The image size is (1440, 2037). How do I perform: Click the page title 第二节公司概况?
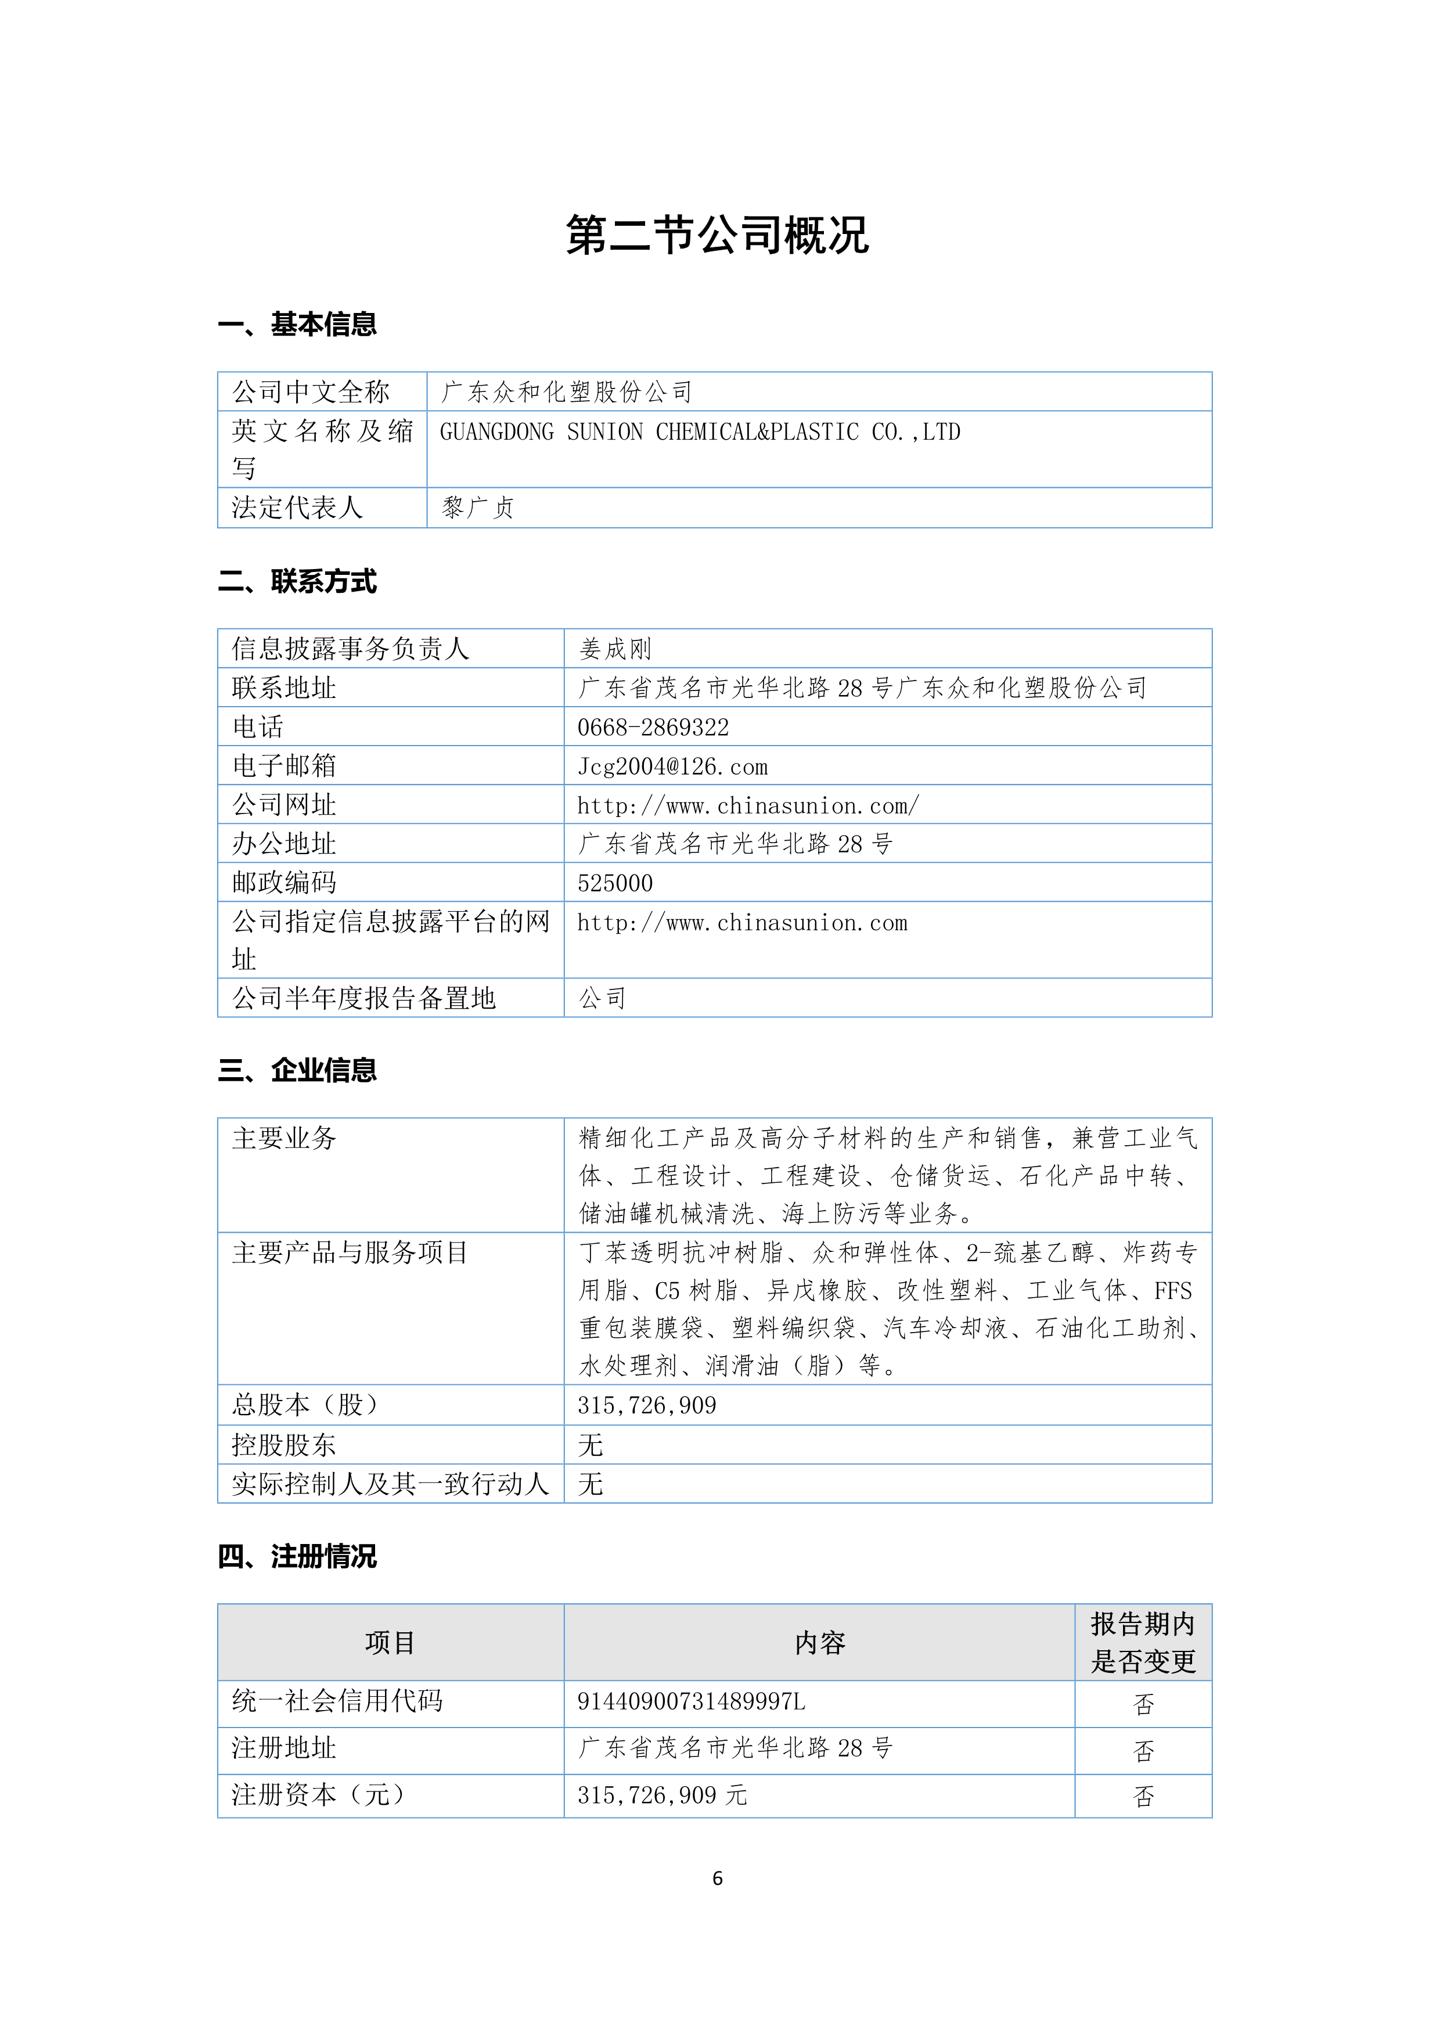(x=717, y=236)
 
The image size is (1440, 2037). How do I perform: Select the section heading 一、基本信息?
(x=297, y=325)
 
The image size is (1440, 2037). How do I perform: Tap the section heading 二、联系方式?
(x=297, y=582)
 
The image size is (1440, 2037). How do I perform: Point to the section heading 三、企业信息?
(x=297, y=1071)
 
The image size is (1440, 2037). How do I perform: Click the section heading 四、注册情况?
(x=297, y=1556)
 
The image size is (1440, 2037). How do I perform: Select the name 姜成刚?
(x=615, y=649)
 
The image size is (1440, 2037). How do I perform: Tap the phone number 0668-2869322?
(x=653, y=728)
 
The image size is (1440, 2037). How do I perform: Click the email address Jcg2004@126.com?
(x=672, y=766)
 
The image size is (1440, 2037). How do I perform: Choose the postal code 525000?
(x=615, y=884)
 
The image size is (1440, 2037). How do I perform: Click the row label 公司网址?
(x=284, y=805)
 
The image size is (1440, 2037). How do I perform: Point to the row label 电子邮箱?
(x=284, y=766)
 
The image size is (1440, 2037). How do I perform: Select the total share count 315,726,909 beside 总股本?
(x=647, y=1405)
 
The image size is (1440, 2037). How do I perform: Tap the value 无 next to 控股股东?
(x=590, y=1445)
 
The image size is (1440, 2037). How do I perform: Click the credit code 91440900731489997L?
(x=691, y=1701)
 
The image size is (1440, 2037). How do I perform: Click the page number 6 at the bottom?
(x=717, y=1878)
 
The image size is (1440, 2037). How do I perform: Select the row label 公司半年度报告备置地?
(x=363, y=999)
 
